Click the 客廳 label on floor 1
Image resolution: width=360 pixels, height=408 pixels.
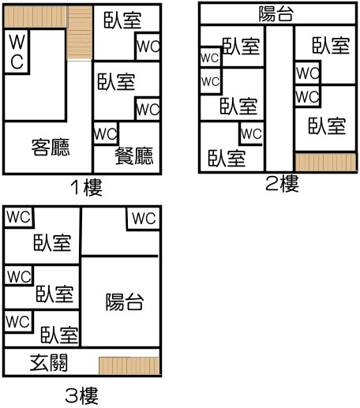coord(51,148)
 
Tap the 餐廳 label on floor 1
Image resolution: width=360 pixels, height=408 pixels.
coord(134,155)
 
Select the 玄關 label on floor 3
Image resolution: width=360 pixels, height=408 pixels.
coord(49,363)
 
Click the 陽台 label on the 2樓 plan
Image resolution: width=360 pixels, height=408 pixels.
coord(276,13)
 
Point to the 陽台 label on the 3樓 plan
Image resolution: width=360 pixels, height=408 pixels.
coord(125,301)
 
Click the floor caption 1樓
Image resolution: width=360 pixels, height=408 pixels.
coord(86,188)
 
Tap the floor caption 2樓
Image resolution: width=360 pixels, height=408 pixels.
coord(283,184)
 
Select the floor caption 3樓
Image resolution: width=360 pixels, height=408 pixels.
coord(82,396)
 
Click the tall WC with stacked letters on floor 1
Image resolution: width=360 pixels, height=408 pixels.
coord(17,51)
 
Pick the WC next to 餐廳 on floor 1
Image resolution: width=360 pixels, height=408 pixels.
coord(106,134)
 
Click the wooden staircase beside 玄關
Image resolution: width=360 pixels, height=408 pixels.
coord(129,365)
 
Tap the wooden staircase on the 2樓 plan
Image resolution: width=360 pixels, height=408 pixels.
coord(326,162)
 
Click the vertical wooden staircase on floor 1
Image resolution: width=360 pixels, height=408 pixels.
coord(80,33)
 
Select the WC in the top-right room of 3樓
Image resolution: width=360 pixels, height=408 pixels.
coord(144,219)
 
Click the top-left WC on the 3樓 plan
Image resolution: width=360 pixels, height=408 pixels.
coord(19,217)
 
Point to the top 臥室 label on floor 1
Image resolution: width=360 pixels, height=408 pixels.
coord(123,20)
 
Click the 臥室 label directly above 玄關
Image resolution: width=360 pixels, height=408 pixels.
coord(60,335)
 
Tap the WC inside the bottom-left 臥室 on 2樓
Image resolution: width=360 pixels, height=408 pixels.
coord(251,133)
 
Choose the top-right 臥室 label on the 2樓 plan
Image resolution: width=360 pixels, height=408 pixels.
coord(332,46)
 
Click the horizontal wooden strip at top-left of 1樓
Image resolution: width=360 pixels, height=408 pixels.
coord(35,17)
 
